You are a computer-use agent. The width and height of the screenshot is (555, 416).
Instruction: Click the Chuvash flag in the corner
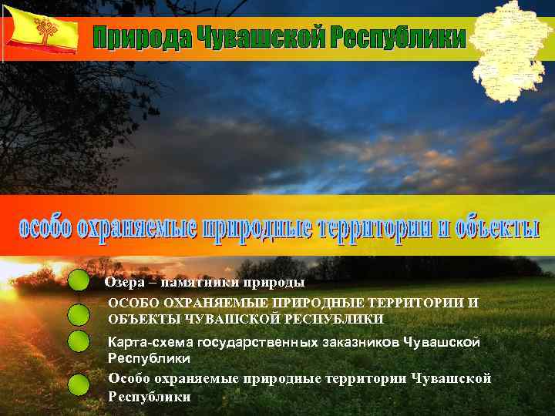41,31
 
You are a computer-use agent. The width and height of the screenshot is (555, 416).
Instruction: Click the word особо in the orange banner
45,229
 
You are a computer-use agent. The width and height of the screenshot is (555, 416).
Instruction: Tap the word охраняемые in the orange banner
136,229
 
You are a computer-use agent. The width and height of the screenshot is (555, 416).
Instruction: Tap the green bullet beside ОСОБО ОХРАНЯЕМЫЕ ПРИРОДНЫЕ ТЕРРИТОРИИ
78,314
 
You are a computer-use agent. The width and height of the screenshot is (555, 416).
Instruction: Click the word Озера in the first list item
120,283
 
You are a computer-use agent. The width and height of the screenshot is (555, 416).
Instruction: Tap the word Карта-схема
150,342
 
